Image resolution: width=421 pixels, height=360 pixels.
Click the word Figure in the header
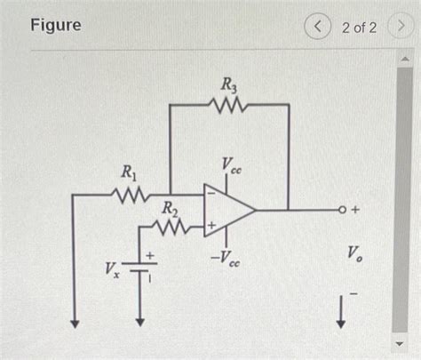pos(55,25)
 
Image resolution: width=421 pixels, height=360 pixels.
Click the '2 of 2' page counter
pos(359,27)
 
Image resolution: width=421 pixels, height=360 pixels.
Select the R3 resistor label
pos(228,86)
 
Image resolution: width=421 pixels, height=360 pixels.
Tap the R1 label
pos(129,171)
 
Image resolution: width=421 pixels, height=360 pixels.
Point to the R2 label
pos(168,209)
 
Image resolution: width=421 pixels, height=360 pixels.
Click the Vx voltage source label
pos(112,268)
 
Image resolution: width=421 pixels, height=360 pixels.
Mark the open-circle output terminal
pos(343,211)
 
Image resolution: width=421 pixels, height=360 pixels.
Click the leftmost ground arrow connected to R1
pos(75,315)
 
